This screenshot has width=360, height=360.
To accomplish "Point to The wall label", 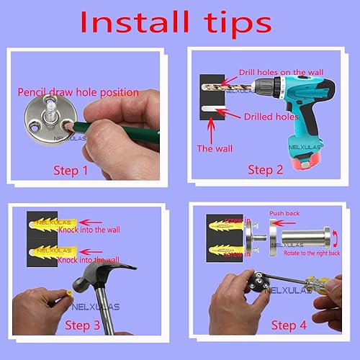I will point(215,148).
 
